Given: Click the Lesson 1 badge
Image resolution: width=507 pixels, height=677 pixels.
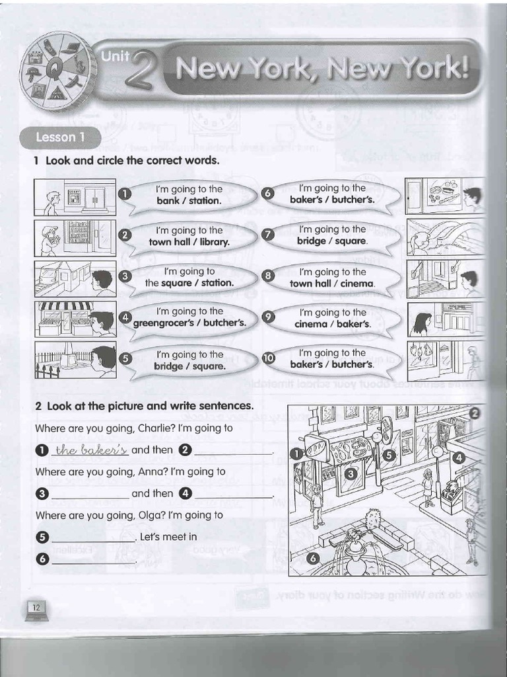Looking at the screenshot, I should coord(60,138).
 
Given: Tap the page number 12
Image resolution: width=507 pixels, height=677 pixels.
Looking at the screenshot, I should coord(36,607).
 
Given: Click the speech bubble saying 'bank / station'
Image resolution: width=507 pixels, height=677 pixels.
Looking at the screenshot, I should coord(189,195).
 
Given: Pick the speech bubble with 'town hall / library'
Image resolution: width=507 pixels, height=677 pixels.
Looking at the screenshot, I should coord(189,236).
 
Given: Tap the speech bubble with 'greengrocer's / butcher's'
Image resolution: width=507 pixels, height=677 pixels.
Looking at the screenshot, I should coord(190,317).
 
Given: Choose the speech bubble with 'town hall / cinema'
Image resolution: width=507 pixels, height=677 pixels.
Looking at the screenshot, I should coord(332,278).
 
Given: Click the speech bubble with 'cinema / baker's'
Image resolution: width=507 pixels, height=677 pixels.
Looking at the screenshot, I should coord(332,318).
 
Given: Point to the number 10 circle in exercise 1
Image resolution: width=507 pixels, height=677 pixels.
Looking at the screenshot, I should coord(268,358).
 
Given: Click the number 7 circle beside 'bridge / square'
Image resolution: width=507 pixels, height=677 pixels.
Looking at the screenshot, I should coord(268,235).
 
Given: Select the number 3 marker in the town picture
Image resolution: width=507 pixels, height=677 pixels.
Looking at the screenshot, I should coord(351,474).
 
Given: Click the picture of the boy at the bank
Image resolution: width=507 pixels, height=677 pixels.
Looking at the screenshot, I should coord(75,197).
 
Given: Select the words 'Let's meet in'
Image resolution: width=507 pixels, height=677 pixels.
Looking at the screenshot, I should coord(168,537).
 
